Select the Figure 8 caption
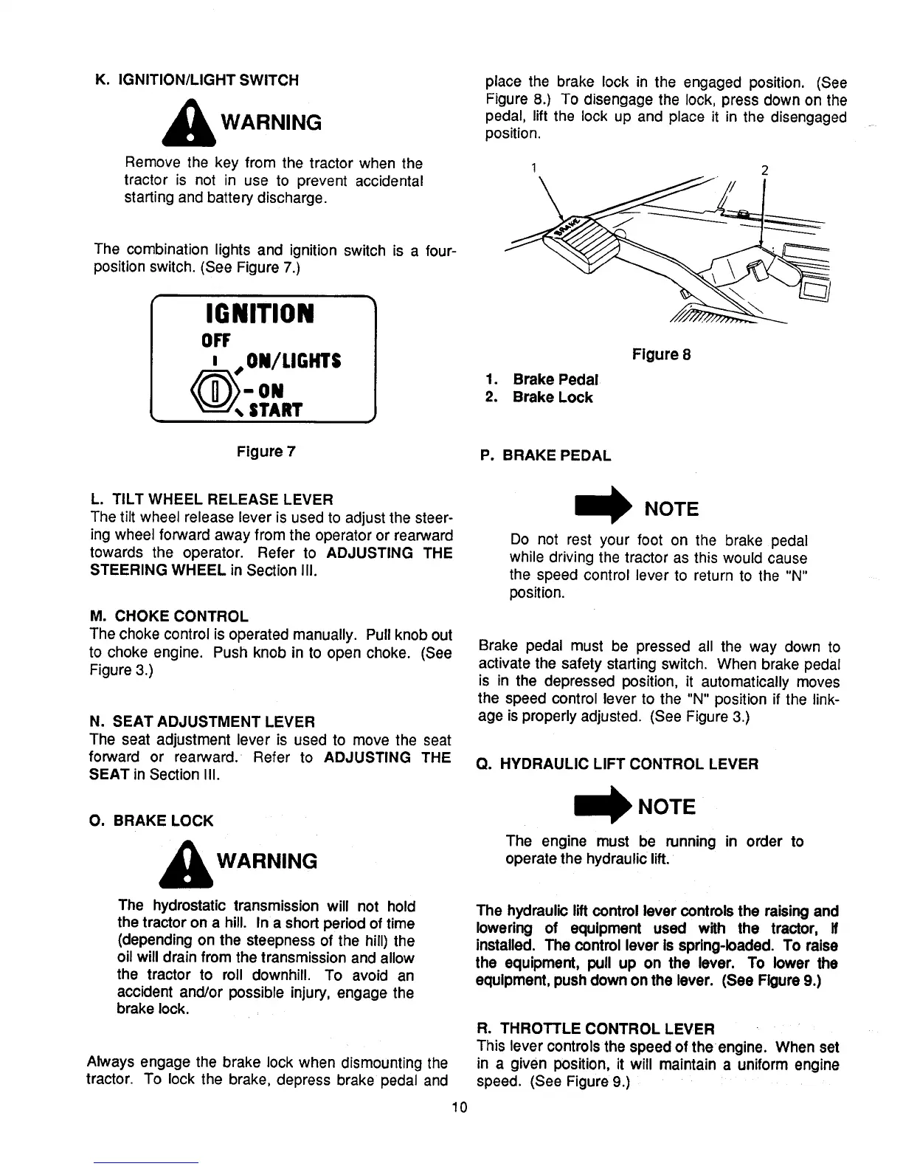[661, 354]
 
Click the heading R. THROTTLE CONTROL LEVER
[596, 1029]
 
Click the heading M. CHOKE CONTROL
[169, 615]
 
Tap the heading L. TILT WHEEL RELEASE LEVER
[211, 499]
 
